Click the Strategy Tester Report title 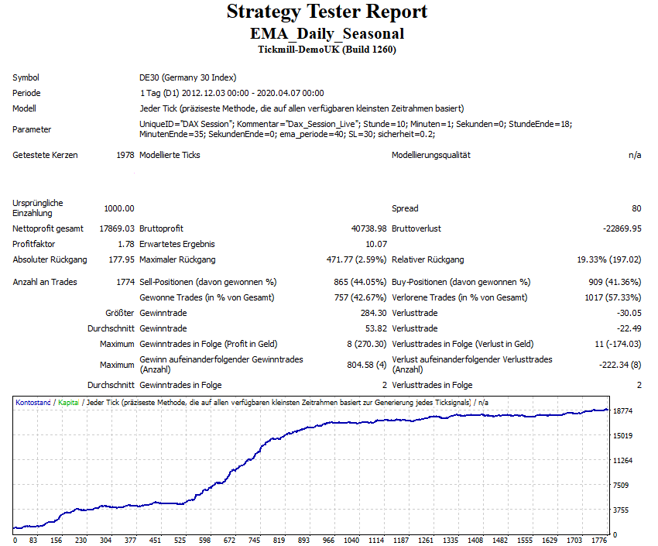pyautogui.click(x=327, y=12)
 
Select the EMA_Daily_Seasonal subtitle pyautogui.click(x=327, y=34)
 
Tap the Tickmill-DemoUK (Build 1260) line pyautogui.click(x=327, y=50)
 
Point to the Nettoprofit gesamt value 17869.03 pyautogui.click(x=117, y=228)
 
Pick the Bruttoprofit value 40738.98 pyautogui.click(x=368, y=228)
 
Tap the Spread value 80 pyautogui.click(x=636, y=208)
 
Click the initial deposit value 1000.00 pyautogui.click(x=119, y=208)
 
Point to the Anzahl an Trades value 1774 pyautogui.click(x=124, y=282)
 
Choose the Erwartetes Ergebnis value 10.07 pyautogui.click(x=376, y=244)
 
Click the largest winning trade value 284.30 pyautogui.click(x=372, y=313)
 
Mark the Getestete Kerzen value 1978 pyautogui.click(x=124, y=155)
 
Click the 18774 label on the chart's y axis pyautogui.click(x=624, y=410)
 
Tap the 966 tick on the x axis pyautogui.click(x=328, y=541)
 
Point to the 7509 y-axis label pyautogui.click(x=622, y=486)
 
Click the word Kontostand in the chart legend pyautogui.click(x=33, y=403)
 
